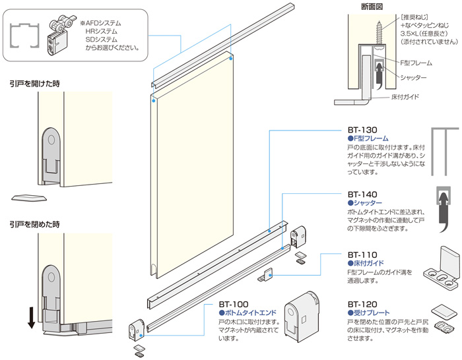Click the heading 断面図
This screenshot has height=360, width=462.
point(372,7)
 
